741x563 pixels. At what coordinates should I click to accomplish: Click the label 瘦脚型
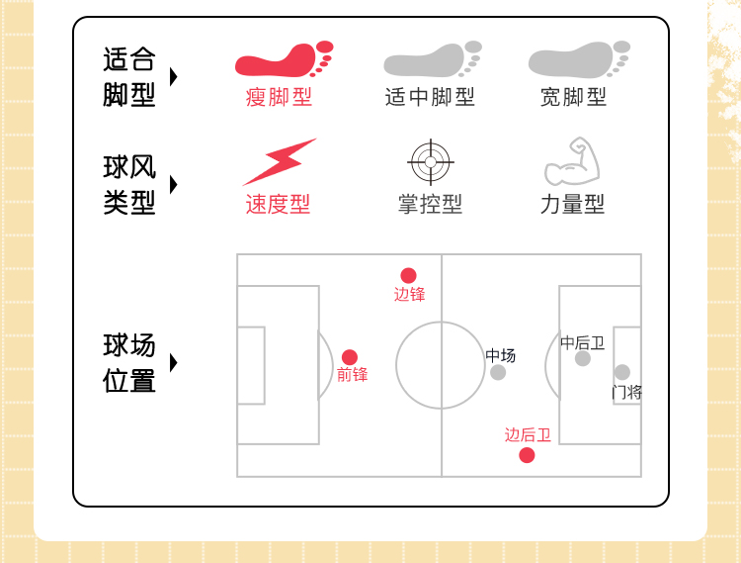pos(279,97)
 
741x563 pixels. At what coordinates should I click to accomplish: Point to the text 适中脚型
pos(430,97)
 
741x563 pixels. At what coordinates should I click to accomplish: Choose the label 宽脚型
pos(573,97)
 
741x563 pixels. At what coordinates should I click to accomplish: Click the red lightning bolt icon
pos(279,161)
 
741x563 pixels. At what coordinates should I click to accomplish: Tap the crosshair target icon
pos(430,161)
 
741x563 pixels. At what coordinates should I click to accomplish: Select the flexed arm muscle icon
pos(573,162)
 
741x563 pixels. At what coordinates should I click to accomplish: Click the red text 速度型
pos(278,204)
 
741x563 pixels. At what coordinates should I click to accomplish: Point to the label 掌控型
pos(430,204)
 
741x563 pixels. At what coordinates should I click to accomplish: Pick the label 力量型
pos(572,204)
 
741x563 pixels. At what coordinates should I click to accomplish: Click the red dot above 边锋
pos(408,275)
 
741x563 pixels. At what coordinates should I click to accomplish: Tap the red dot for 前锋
pos(350,357)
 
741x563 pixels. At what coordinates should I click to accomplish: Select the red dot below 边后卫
pos(527,455)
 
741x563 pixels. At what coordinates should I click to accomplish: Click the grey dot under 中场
pos(498,372)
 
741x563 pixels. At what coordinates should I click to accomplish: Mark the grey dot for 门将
pos(621,372)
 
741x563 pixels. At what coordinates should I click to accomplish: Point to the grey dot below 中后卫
pos(583,358)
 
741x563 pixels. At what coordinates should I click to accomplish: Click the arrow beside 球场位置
pos(174,362)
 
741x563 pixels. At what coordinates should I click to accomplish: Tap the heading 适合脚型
pos(129,77)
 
